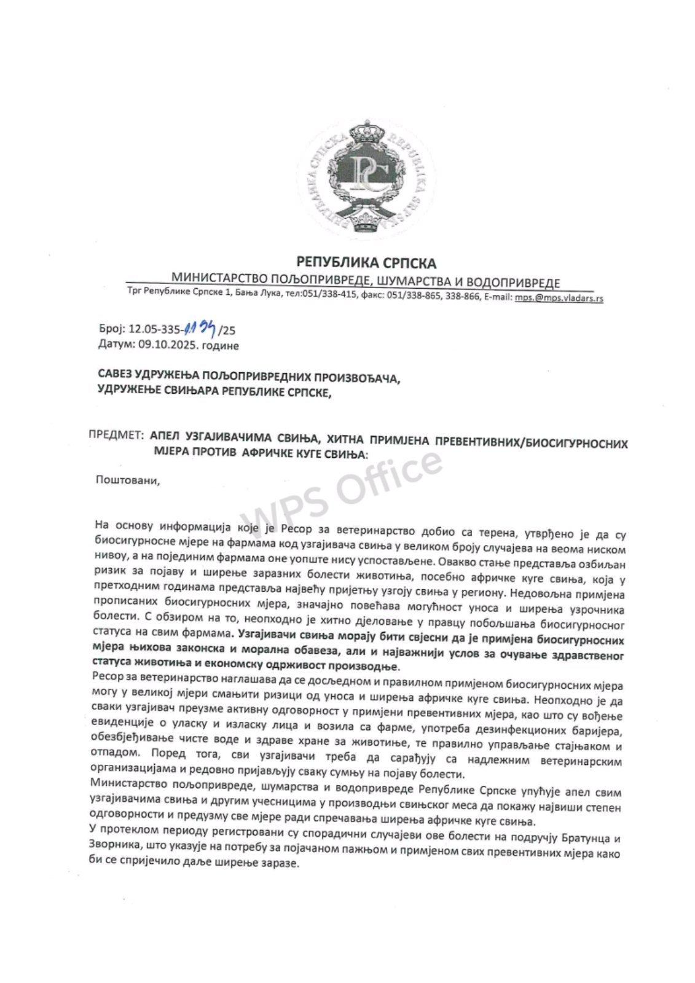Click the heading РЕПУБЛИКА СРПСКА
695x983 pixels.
tap(366, 263)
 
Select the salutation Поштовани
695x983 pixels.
tap(127, 479)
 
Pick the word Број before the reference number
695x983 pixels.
tap(111, 330)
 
